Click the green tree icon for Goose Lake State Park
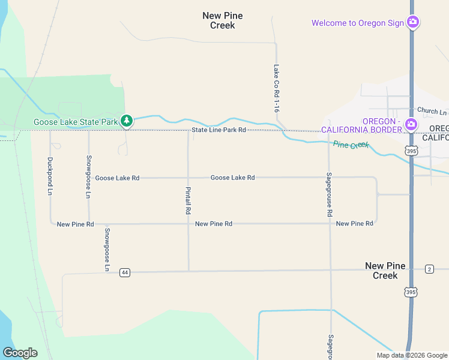(x=126, y=121)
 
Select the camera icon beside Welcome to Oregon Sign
(x=412, y=23)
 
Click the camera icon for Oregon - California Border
(x=411, y=125)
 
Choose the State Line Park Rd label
(x=219, y=130)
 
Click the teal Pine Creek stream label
(x=351, y=145)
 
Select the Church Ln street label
(x=432, y=111)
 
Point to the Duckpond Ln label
(x=50, y=176)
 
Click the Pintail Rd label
(x=188, y=200)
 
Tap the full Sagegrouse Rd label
(x=329, y=194)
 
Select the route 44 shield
(x=124, y=272)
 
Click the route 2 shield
(x=429, y=269)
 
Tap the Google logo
(x=20, y=352)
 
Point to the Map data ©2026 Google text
(x=412, y=355)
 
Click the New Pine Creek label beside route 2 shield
(x=385, y=271)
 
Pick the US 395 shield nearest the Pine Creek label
(x=411, y=151)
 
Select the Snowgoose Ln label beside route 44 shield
(x=107, y=250)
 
